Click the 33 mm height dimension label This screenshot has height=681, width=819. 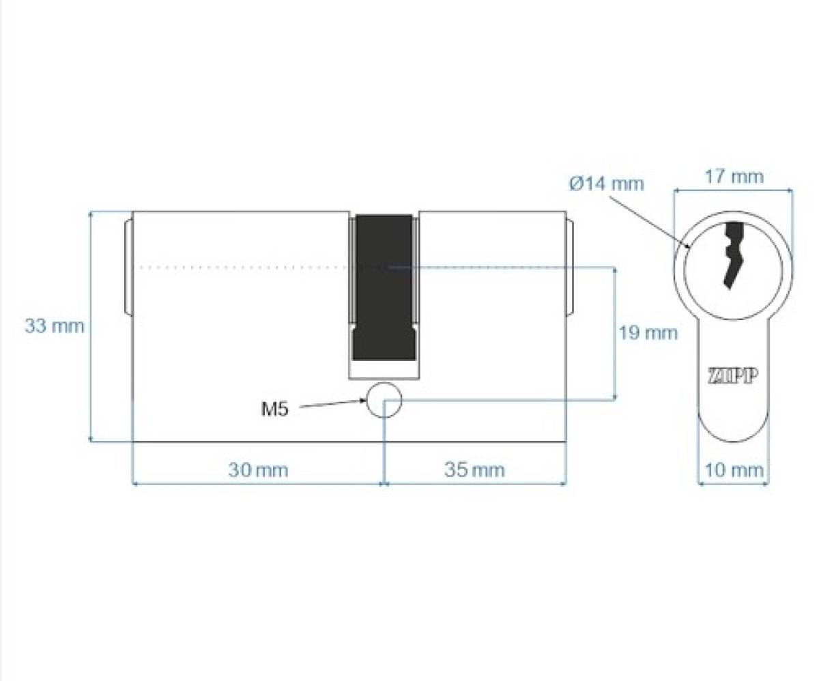(55, 326)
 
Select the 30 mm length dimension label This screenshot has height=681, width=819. (258, 470)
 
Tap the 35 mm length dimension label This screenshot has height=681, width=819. (474, 470)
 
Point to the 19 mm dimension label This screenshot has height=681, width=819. (648, 333)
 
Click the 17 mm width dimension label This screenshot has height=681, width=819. (734, 177)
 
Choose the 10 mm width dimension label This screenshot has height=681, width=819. (734, 470)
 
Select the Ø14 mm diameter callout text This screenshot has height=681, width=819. (607, 184)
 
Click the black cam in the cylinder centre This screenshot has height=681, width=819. (384, 287)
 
